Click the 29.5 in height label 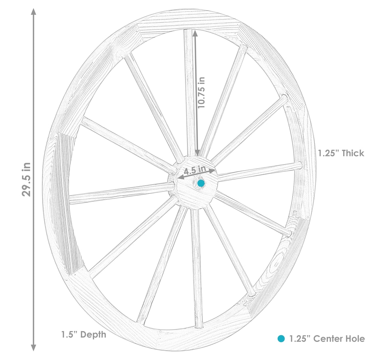(x=26, y=179)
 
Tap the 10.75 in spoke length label (x=201, y=92)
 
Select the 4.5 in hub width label (x=195, y=170)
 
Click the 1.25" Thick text (x=341, y=153)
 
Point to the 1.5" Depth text (x=83, y=334)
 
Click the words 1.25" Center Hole (x=327, y=339)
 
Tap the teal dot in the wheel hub (x=201, y=183)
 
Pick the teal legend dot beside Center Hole (x=281, y=339)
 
